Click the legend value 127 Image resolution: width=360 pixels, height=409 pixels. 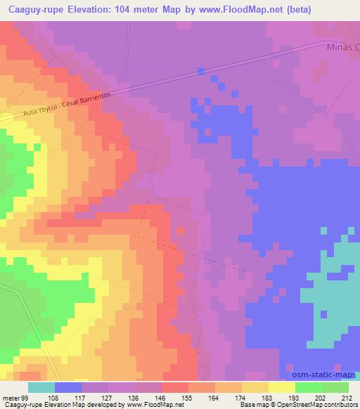coord(107,397)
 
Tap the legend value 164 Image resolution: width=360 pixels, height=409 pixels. coord(213,397)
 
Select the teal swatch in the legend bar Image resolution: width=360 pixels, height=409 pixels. coord(41,387)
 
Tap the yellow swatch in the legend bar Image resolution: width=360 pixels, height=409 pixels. coord(281,387)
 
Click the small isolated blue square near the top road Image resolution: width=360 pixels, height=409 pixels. coord(201,70)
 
